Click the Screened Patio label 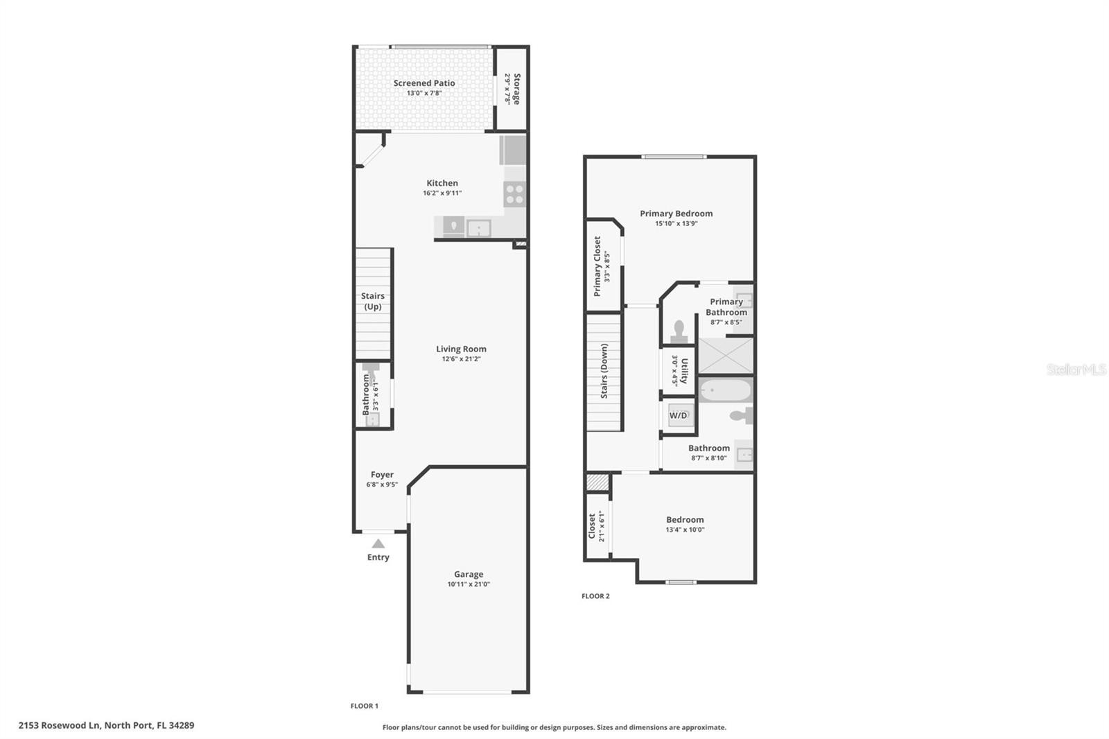pos(424,83)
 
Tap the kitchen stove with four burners pos(514,193)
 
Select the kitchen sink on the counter pos(479,228)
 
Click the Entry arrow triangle pos(378,544)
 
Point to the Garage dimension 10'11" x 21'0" pos(469,584)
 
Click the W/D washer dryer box pos(679,415)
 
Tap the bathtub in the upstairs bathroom pos(726,390)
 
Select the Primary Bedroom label pos(676,214)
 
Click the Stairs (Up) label pos(373,301)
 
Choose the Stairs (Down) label pos(604,371)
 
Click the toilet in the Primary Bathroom pos(679,332)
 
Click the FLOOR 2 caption pos(595,596)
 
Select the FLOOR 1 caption pos(365,706)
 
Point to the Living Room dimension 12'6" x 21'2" pos(462,359)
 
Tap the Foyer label pos(382,474)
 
